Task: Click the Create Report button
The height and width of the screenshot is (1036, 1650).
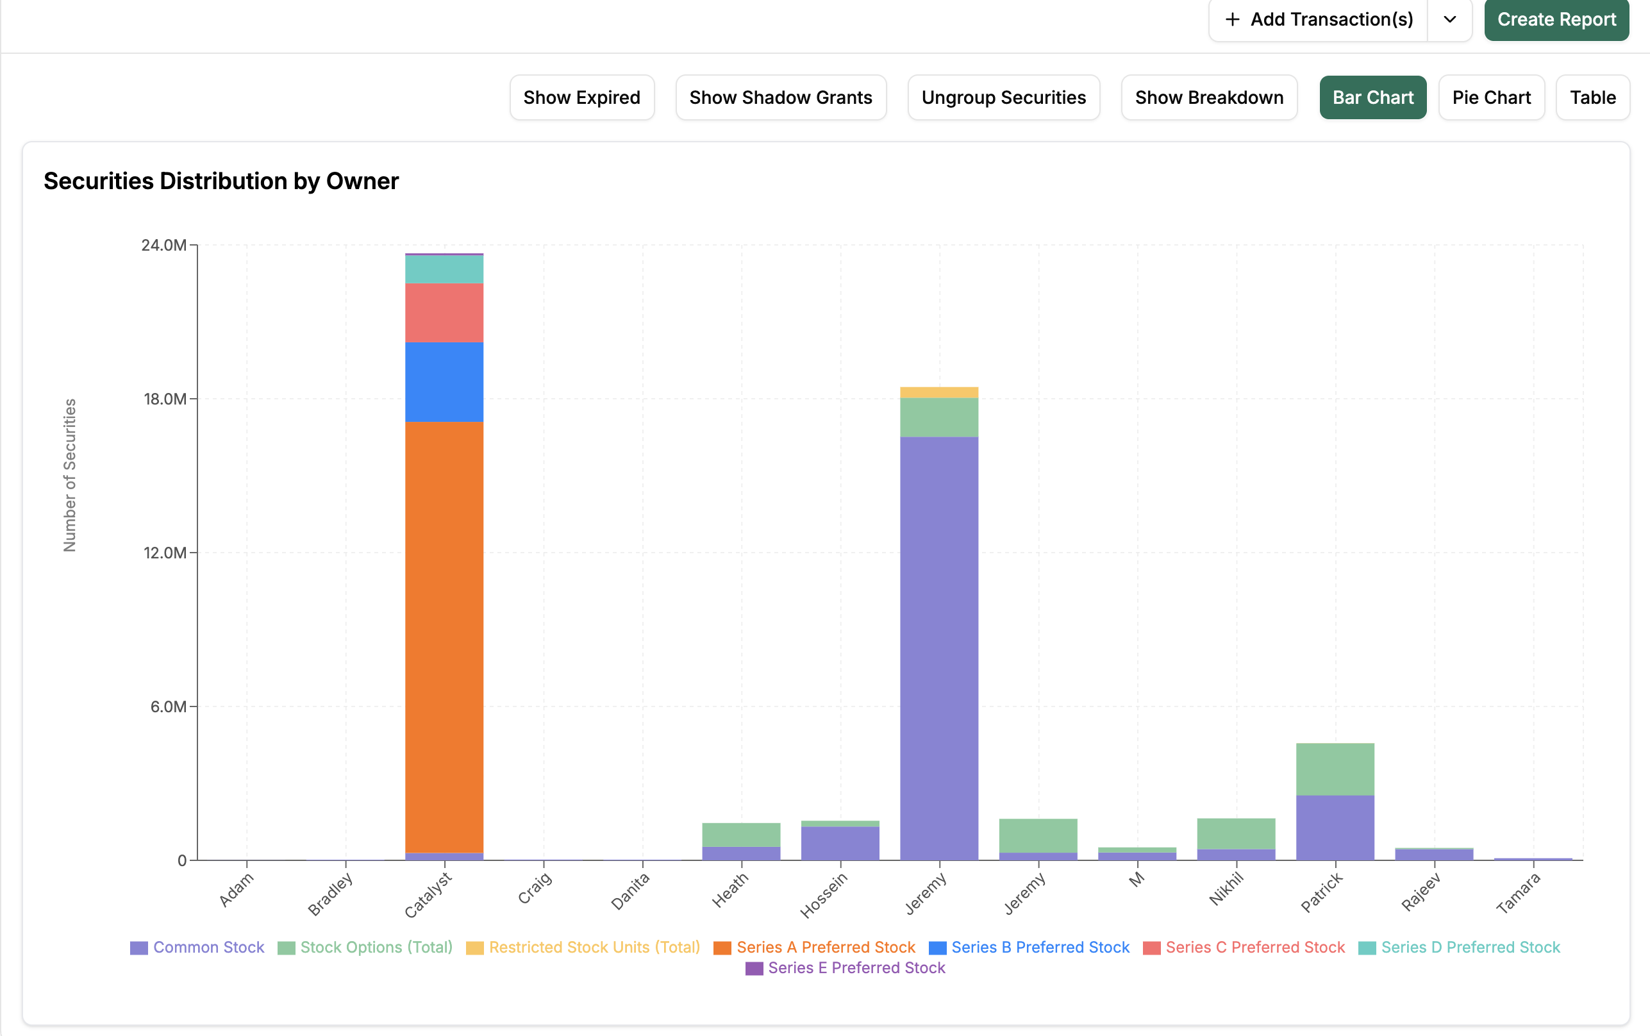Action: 1556,19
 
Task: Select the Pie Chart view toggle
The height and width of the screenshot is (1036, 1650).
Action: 1491,97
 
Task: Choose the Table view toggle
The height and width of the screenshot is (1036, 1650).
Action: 1592,97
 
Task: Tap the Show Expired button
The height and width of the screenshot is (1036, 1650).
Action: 582,97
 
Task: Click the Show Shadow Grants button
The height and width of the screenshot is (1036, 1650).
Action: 781,97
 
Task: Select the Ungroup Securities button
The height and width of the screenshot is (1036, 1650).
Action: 1003,97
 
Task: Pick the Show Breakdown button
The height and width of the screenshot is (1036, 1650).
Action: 1209,97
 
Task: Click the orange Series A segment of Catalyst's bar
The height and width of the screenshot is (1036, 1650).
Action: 444,637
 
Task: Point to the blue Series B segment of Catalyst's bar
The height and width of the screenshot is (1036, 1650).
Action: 444,382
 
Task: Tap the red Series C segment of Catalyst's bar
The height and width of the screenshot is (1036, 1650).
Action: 444,313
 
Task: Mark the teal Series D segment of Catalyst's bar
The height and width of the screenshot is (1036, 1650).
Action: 444,269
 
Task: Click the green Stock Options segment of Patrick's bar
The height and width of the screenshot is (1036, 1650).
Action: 1335,769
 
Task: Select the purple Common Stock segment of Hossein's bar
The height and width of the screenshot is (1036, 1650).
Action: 840,844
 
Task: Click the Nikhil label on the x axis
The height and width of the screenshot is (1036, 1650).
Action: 1226,889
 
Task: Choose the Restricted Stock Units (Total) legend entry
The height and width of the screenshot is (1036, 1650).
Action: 583,947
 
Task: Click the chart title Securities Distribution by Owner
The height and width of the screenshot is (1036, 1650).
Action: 221,181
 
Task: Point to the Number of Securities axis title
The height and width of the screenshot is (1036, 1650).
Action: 70,476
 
